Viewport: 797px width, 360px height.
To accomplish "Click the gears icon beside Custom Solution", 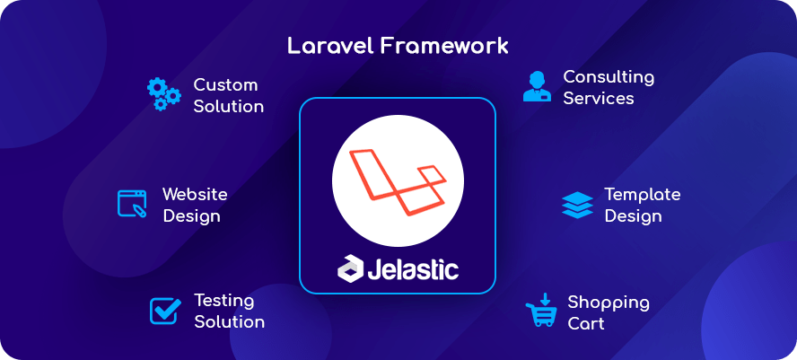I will (163, 94).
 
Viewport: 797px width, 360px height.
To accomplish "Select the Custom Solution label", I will (228, 96).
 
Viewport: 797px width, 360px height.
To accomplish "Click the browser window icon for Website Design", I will (132, 204).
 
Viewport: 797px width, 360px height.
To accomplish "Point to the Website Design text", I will (194, 205).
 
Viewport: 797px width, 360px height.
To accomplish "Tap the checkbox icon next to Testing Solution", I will (164, 311).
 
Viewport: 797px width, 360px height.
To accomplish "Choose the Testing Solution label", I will (229, 311).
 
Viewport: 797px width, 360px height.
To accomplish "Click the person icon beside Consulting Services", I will (537, 87).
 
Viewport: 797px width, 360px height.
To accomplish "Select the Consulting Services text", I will (608, 87).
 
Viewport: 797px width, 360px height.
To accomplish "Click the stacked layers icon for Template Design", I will (577, 205).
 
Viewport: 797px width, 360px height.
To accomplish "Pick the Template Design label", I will (641, 205).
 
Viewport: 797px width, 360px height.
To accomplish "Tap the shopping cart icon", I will (540, 312).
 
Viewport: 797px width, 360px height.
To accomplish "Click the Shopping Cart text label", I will (608, 312).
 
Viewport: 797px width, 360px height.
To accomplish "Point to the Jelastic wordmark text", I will (413, 268).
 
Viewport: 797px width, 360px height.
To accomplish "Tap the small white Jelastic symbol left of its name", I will (350, 268).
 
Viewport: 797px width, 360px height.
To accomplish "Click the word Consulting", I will (608, 76).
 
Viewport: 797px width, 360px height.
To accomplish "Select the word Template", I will (642, 194).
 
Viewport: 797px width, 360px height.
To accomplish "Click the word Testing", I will (223, 300).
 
